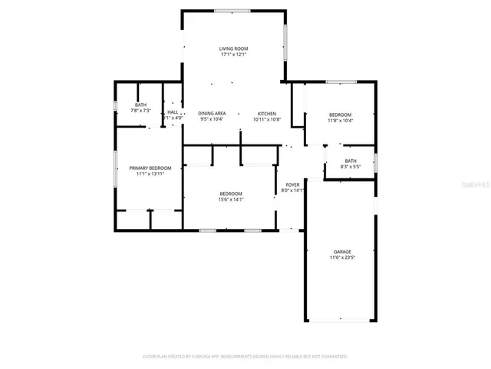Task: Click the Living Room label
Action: coord(234,48)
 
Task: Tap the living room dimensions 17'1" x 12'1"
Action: coord(234,55)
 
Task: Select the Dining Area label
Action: coord(212,113)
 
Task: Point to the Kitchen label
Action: coord(267,113)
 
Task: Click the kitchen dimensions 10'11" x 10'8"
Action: coord(267,119)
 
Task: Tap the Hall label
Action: coord(173,112)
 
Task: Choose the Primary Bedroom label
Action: coord(150,168)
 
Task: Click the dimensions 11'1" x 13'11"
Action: coord(150,174)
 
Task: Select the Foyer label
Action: coord(292,184)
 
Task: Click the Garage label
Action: coord(342,251)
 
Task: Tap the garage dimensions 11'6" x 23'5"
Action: coord(342,258)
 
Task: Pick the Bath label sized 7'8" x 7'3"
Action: coord(141,105)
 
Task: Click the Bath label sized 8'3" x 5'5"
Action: coord(350,161)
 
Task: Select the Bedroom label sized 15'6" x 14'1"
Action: coord(231,193)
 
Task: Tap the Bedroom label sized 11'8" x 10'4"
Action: coord(340,113)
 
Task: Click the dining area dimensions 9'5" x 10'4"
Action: coord(212,119)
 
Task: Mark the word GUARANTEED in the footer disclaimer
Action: coord(331,357)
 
